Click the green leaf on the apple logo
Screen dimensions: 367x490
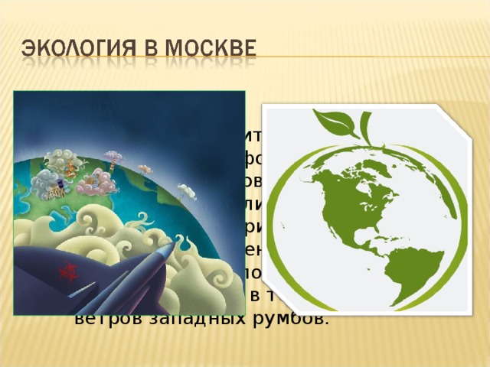332,122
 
